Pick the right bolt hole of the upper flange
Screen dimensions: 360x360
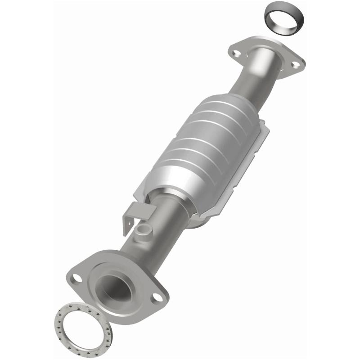pyautogui.click(x=295, y=65)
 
